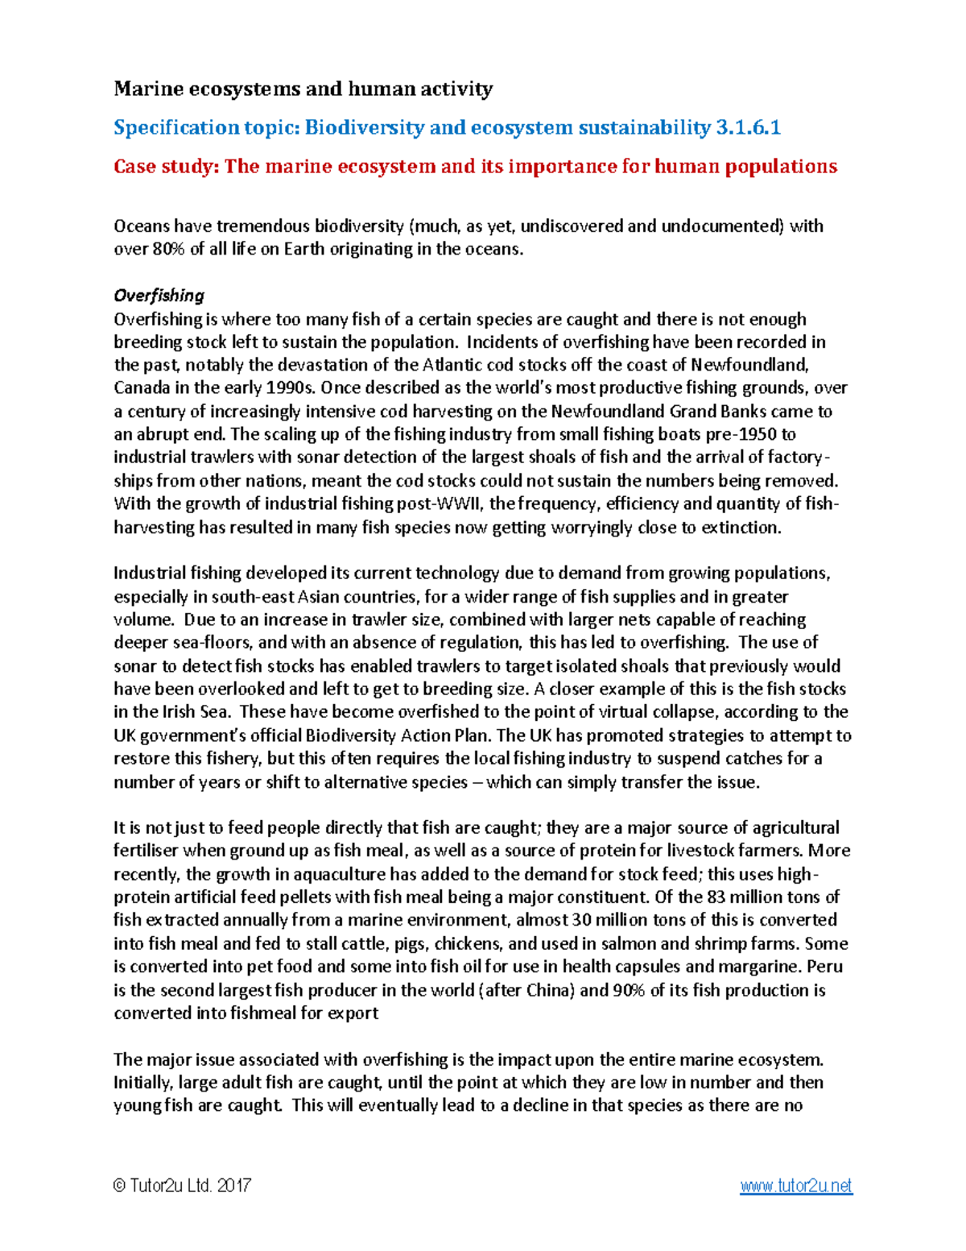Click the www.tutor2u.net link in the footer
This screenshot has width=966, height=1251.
pyautogui.click(x=795, y=1186)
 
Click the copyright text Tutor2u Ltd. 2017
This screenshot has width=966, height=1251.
pyautogui.click(x=183, y=1186)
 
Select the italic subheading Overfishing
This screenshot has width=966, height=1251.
pyautogui.click(x=159, y=295)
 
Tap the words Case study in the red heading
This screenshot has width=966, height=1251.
pyautogui.click(x=164, y=167)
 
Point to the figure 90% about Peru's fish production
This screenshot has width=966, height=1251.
pyautogui.click(x=629, y=990)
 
